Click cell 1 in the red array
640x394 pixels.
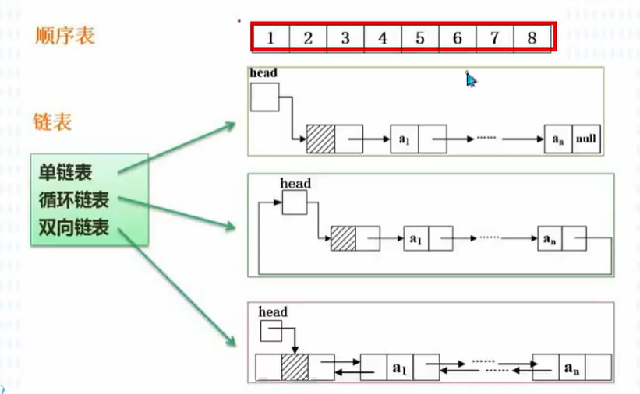(270, 37)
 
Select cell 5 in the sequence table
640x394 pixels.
(420, 37)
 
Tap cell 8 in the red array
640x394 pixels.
(532, 37)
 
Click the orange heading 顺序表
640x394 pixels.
(64, 35)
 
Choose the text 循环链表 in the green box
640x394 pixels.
(73, 200)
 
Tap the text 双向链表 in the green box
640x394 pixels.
(73, 227)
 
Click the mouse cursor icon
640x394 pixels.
(470, 79)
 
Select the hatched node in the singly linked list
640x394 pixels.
(320, 139)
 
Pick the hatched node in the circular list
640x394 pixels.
(343, 237)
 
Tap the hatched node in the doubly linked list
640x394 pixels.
(295, 366)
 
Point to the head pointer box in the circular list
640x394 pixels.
(294, 202)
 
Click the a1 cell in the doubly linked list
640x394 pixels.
(399, 366)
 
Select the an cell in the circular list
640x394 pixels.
(550, 237)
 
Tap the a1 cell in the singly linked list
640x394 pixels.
(404, 139)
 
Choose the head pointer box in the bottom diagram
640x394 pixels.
(270, 332)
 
